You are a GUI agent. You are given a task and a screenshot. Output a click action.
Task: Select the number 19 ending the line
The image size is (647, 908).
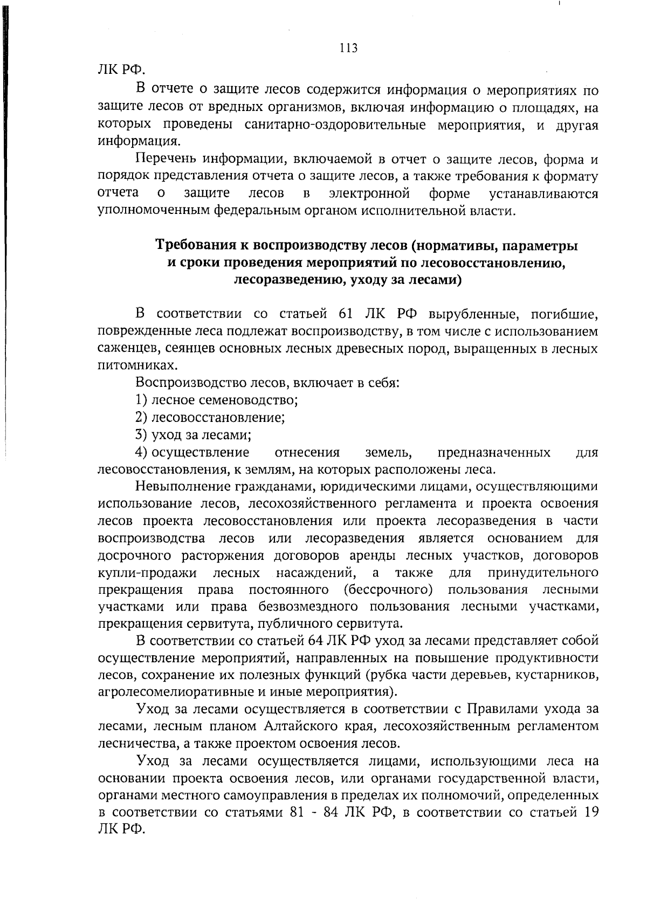(x=591, y=813)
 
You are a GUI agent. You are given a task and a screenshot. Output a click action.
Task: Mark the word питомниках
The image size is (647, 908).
(x=130, y=366)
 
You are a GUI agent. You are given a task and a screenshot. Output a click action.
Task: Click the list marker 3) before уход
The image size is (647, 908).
(x=141, y=434)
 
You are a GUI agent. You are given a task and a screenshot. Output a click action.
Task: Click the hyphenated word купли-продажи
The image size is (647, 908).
(x=147, y=572)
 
